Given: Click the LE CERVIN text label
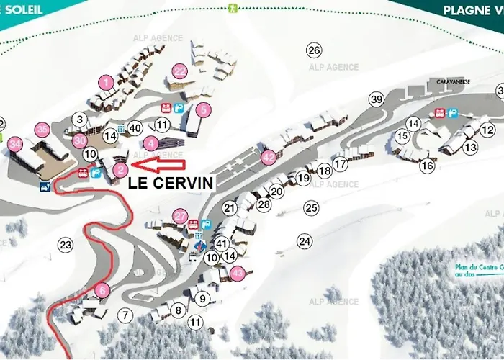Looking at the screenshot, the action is [171, 183].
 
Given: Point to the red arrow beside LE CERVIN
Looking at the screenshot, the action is [155, 169].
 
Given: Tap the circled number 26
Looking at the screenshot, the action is [313, 50].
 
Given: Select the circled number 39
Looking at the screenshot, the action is [377, 99].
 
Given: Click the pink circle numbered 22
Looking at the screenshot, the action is [179, 71].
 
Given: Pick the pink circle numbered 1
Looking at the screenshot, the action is [106, 83].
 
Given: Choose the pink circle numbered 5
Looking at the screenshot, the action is [204, 109].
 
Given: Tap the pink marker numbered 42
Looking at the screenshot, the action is [269, 156].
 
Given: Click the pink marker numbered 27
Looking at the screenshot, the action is [180, 215].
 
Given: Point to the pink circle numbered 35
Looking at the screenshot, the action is [42, 130].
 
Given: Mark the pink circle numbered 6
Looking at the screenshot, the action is [102, 291].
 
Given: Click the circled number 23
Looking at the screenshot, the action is [66, 245].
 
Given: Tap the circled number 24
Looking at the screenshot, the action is [305, 240].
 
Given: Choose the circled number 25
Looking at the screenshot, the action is [310, 208].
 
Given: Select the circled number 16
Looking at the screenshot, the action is [427, 166].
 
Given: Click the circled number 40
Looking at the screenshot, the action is [134, 128].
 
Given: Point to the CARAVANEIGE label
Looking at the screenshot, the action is [451, 82].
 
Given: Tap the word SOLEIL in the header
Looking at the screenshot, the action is [22, 10].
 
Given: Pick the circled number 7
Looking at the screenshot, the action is [126, 315].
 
